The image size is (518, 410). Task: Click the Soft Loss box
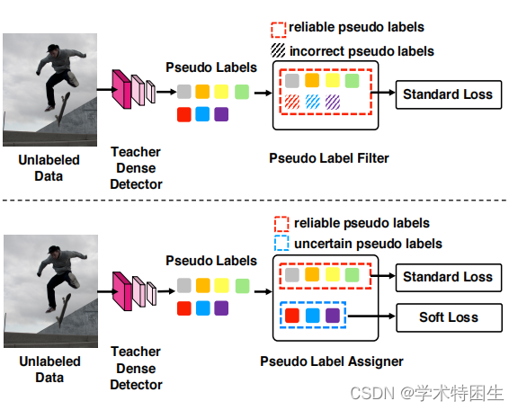pos(448,316)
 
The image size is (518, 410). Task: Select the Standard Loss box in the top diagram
pos(447,94)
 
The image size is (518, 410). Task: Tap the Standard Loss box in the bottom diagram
pos(447,277)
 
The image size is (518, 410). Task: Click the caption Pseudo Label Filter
pos(329,158)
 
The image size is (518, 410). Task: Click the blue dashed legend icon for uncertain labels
pos(281,244)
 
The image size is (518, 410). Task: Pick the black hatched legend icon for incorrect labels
pos(281,51)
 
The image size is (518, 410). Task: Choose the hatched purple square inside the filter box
pos(333,102)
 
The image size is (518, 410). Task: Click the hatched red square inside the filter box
pos(292,102)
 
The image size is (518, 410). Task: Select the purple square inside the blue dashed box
pos(333,316)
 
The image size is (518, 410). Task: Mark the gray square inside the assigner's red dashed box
pos(292,275)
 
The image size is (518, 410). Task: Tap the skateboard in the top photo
pos(58,111)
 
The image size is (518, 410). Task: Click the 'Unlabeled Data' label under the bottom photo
pos(49,370)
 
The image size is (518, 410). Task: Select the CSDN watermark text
pos(426,393)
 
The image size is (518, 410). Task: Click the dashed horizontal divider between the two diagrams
pos(259,201)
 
